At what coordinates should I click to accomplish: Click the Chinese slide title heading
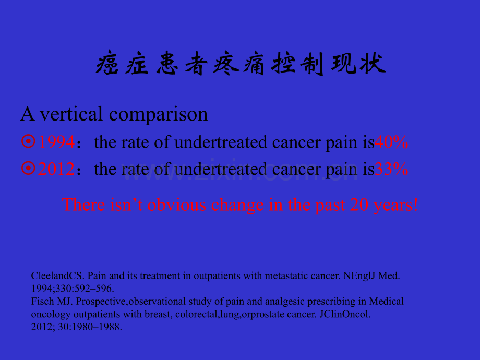241,65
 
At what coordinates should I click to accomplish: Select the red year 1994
56,142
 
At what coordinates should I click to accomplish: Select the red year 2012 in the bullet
56,169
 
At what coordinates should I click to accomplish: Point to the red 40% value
391,142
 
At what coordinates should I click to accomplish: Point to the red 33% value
391,169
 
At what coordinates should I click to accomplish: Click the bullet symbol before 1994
29,141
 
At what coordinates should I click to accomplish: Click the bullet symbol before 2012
29,168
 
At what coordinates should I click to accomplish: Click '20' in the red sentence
359,205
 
